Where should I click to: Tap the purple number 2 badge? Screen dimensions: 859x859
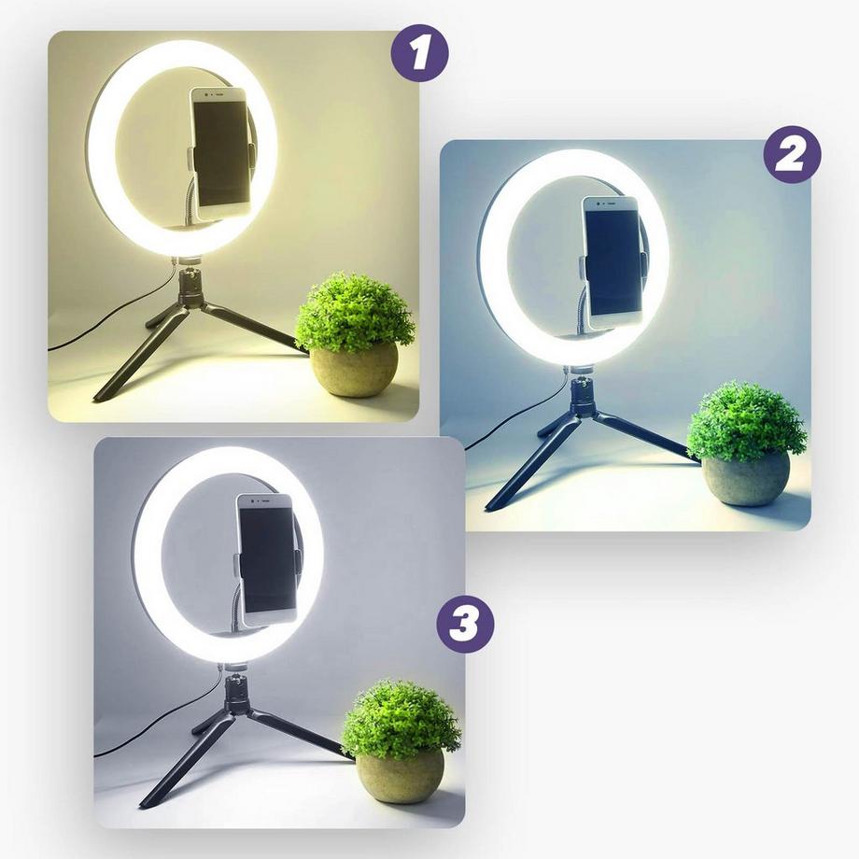[x=792, y=154]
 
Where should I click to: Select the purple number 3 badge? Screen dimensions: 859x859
[x=464, y=626]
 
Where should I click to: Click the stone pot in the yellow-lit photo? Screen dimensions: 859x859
[x=354, y=370]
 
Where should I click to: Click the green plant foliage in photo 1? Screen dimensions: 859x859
[x=355, y=312]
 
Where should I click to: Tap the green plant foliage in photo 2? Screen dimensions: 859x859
[x=746, y=421]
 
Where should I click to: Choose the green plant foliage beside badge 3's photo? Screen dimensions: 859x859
[x=401, y=718]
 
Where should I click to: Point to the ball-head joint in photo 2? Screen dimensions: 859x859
[x=581, y=392]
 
